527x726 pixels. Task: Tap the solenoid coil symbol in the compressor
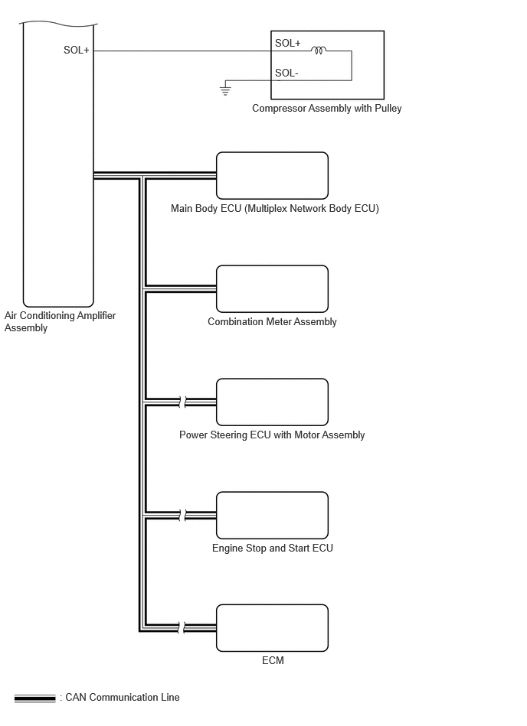(319, 50)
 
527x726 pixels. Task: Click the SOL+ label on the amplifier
(76, 50)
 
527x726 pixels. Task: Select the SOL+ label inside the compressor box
(287, 43)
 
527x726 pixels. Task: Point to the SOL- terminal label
(286, 73)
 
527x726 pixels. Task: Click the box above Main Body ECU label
(272, 176)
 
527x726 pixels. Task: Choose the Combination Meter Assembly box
(272, 289)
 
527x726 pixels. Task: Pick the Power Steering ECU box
(272, 402)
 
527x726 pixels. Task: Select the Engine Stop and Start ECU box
(272, 516)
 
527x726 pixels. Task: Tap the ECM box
(272, 628)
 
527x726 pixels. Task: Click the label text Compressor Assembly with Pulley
(327, 109)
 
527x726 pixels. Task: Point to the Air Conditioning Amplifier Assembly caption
(61, 321)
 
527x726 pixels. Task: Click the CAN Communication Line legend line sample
(34, 698)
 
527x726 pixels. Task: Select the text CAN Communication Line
(123, 697)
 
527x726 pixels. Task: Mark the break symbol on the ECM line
(182, 628)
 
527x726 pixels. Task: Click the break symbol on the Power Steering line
(182, 402)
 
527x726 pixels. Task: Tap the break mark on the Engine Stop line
(182, 515)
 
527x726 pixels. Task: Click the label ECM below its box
(273, 660)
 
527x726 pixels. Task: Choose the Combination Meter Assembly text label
(272, 322)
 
